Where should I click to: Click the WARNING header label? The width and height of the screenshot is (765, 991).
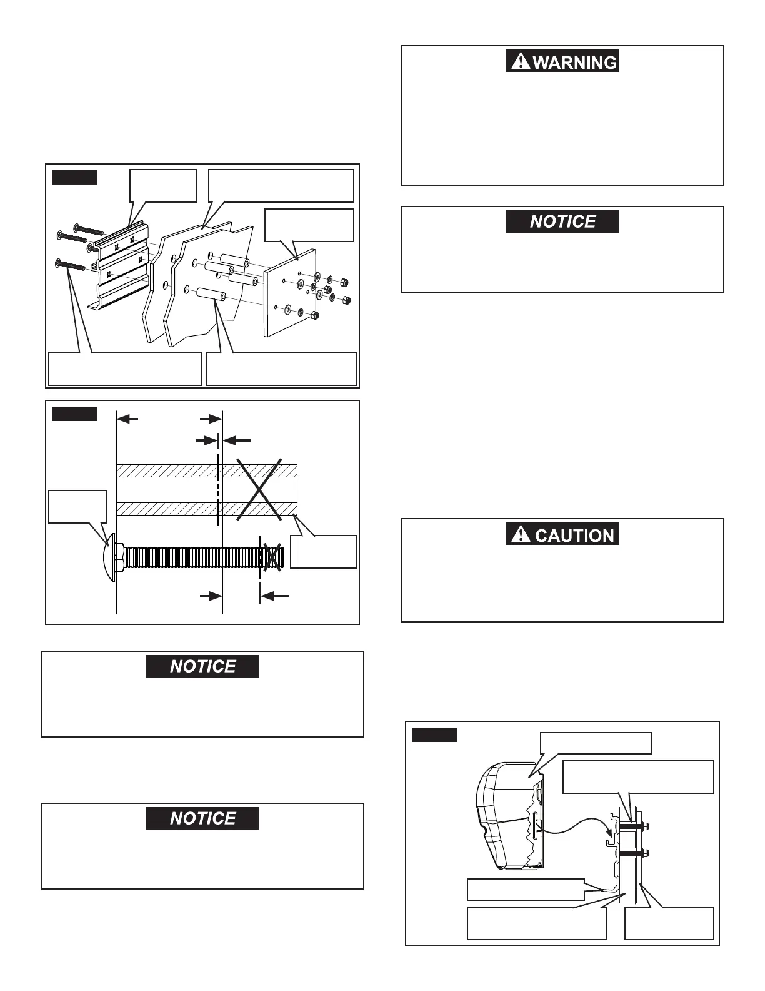click(574, 62)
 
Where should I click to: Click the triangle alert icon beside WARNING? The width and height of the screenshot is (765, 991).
click(519, 61)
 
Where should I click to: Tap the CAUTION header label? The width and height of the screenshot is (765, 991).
click(574, 535)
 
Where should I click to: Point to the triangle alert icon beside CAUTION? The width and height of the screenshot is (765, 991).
click(519, 534)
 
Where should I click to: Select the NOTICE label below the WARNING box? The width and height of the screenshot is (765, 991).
click(562, 221)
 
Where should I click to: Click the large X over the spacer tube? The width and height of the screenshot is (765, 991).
click(258, 490)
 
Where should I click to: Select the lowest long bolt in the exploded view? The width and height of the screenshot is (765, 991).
click(70, 265)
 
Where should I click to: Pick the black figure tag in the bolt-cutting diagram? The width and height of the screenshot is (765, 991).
click(74, 414)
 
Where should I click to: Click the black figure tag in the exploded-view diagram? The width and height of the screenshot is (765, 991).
click(74, 177)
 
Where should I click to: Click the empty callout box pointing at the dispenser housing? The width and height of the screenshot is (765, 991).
click(596, 743)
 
